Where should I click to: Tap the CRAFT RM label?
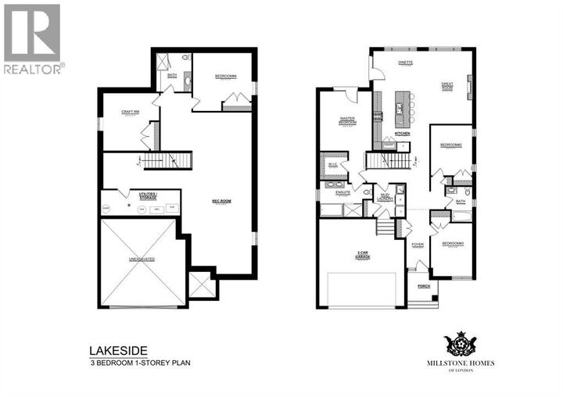[131, 112]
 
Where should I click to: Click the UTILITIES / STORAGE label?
[148, 196]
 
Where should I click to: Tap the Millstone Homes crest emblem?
[461, 342]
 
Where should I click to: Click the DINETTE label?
[404, 62]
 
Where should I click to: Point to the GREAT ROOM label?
[448, 86]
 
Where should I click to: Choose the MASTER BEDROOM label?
[348, 121]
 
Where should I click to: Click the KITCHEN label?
[402, 134]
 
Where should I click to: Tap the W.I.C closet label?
[332, 164]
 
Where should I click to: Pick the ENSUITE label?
[342, 191]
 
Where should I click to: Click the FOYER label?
[418, 245]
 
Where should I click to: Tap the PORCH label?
[424, 286]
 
